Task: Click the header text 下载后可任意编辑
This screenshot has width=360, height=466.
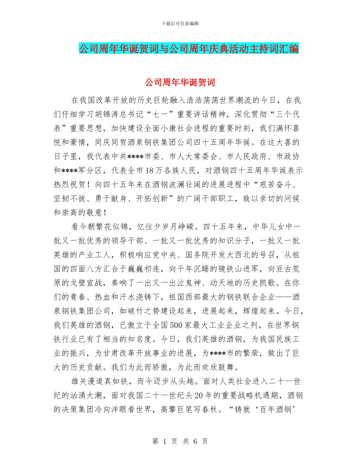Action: coord(180,23)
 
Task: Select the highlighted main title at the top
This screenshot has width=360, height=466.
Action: coord(188,49)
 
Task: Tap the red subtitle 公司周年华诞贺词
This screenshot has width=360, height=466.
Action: coord(180,82)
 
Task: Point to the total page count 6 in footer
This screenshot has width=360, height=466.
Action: coord(195,441)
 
